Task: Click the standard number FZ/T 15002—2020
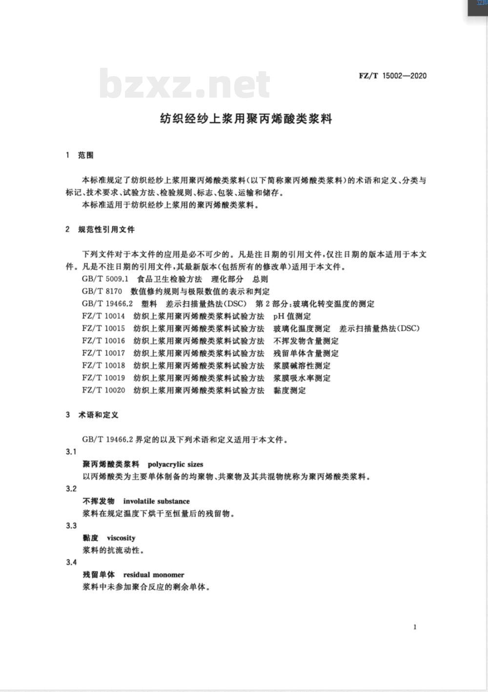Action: pyautogui.click(x=392, y=76)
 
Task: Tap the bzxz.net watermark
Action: pyautogui.click(x=184, y=84)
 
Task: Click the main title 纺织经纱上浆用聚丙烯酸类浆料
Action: pyautogui.click(x=246, y=119)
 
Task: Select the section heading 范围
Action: pyautogui.click(x=85, y=155)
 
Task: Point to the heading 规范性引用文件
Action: pyautogui.click(x=106, y=229)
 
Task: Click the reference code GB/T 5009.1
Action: pyautogui.click(x=105, y=279)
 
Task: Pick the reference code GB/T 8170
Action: pyautogui.click(x=102, y=291)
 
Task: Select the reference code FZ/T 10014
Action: pyautogui.click(x=103, y=316)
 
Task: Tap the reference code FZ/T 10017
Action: pyautogui.click(x=103, y=353)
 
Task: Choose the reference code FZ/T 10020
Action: pyautogui.click(x=103, y=390)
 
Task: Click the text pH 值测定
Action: pyautogui.click(x=292, y=316)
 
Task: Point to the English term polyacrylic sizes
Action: pyautogui.click(x=175, y=464)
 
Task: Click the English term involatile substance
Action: pyautogui.click(x=156, y=501)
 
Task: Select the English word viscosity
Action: pyautogui.click(x=121, y=538)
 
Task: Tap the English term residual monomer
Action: pyautogui.click(x=154, y=575)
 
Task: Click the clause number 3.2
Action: pyautogui.click(x=71, y=488)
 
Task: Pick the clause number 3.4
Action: pyautogui.click(x=71, y=562)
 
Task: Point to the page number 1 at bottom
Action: pyautogui.click(x=415, y=627)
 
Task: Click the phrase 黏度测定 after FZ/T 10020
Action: pyautogui.click(x=289, y=390)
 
